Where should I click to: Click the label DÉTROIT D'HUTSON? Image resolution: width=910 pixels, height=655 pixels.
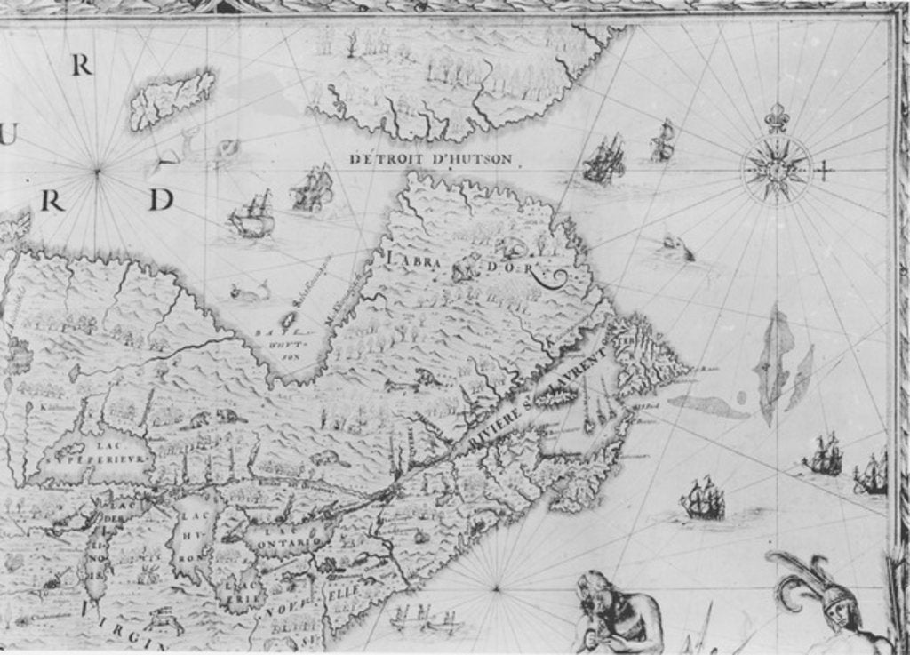(431, 159)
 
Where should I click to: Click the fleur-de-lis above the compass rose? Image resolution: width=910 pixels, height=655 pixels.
(777, 117)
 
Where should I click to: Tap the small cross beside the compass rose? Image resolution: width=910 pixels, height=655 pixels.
(824, 169)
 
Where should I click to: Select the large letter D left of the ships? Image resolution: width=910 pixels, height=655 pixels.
(160, 200)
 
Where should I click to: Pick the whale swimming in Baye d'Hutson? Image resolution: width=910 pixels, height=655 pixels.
(250, 291)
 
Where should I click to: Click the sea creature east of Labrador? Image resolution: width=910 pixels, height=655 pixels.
(678, 249)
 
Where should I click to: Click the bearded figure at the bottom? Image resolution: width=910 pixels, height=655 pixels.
(613, 613)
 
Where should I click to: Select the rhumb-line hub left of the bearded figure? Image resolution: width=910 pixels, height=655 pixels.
(495, 587)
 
